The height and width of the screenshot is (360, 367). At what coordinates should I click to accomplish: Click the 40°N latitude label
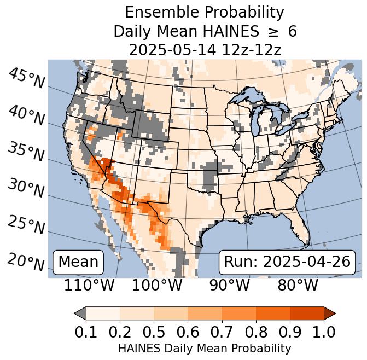click(26, 115)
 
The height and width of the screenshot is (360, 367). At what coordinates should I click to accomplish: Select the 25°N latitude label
click(26, 225)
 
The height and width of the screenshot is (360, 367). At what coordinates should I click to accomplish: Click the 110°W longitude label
click(90, 286)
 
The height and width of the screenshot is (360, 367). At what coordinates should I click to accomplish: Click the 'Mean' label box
click(78, 262)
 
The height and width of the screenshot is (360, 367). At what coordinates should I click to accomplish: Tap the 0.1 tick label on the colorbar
click(85, 332)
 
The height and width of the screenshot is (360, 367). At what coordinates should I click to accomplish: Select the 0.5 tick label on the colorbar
click(154, 332)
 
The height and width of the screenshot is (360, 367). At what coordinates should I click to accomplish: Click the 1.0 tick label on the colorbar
click(324, 332)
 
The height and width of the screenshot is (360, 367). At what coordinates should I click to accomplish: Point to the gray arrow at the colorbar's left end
click(80, 313)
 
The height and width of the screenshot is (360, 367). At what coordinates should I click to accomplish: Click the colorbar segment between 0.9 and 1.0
click(307, 313)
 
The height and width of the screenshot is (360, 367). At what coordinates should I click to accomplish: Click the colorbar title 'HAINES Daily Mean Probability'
click(205, 349)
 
